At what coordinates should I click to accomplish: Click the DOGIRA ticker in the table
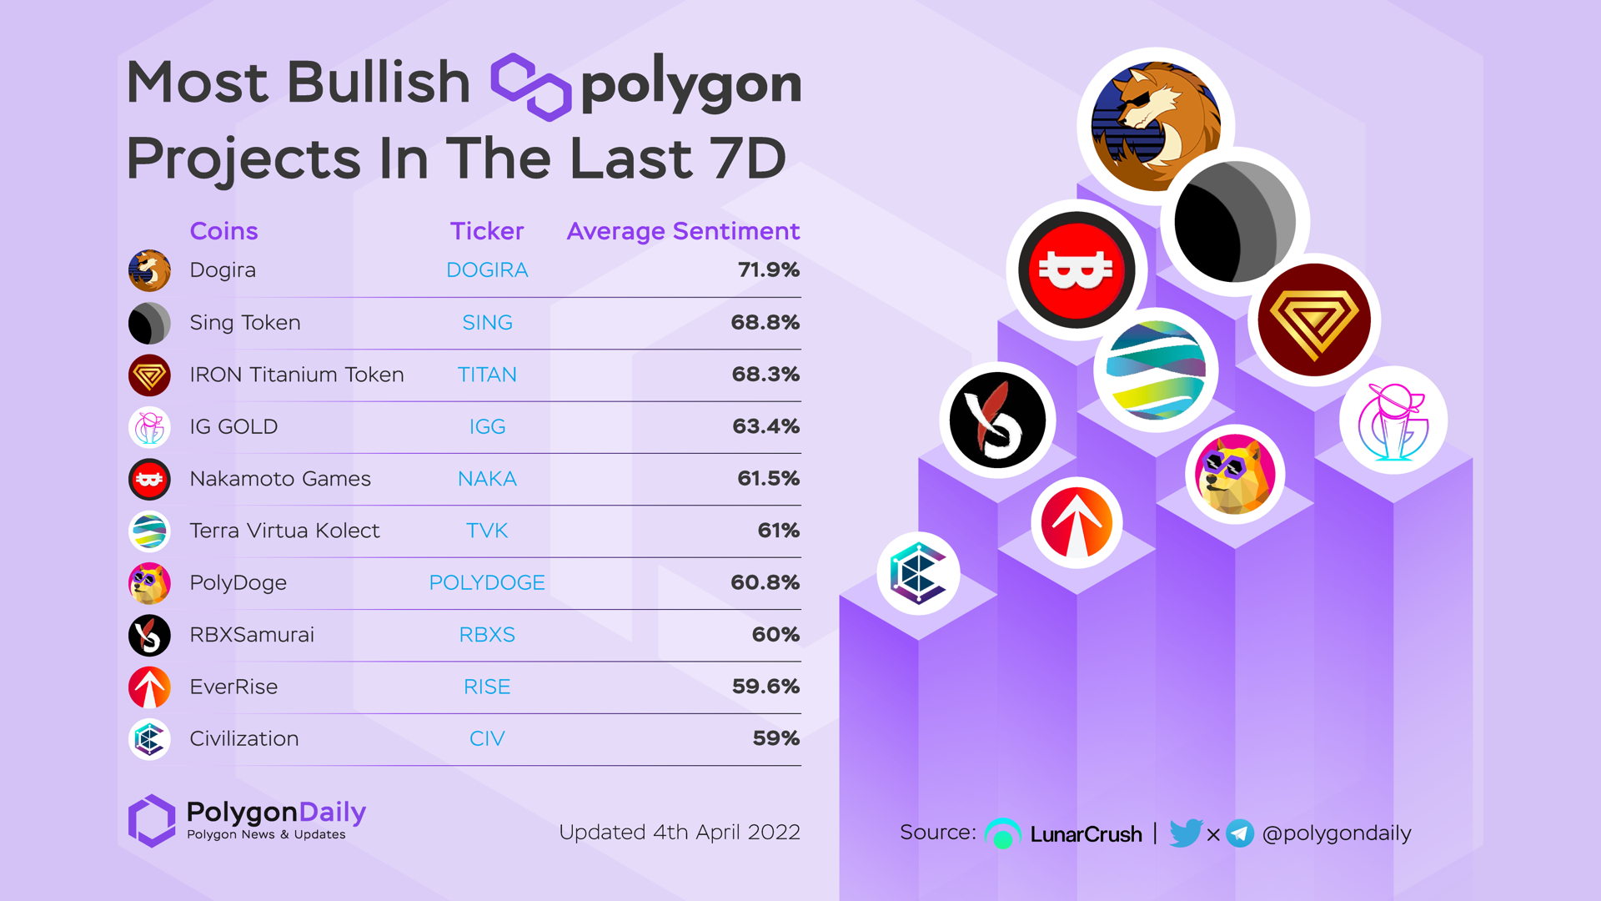(x=487, y=270)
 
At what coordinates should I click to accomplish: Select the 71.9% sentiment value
(x=768, y=270)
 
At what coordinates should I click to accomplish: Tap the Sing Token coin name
(x=245, y=323)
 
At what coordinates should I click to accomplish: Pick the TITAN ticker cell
(x=487, y=375)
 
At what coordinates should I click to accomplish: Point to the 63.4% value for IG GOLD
(x=765, y=426)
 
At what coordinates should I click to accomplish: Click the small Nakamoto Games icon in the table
(x=149, y=479)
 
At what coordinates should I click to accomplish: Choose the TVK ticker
(x=487, y=531)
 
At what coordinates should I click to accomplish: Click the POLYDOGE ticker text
(x=487, y=582)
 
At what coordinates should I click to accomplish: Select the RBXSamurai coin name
(x=252, y=635)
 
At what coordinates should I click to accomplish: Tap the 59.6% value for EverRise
(x=765, y=687)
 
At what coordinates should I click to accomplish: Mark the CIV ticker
(x=487, y=738)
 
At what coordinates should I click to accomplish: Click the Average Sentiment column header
(x=683, y=231)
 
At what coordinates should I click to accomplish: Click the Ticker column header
(x=487, y=231)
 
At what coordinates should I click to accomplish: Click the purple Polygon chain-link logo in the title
(x=530, y=86)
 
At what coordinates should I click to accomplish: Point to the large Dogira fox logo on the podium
(x=1156, y=126)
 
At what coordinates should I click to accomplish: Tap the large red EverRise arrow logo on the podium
(x=1077, y=523)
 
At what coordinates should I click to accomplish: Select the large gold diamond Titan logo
(x=1314, y=320)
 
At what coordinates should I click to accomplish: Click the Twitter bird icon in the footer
(x=1185, y=833)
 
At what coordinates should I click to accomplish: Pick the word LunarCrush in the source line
(x=1086, y=834)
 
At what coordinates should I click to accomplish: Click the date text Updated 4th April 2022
(x=680, y=833)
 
